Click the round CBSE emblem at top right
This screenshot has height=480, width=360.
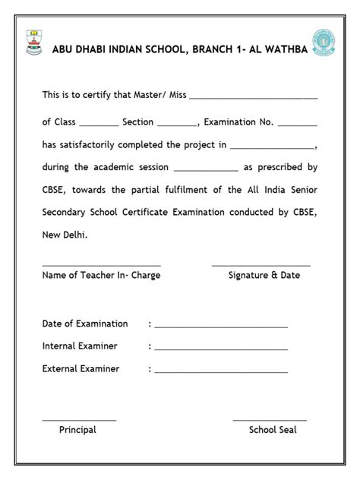pos(324,43)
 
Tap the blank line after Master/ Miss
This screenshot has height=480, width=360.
pos(253,99)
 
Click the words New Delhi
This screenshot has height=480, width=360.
pos(65,235)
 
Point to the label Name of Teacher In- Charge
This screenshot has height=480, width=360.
pos(101,275)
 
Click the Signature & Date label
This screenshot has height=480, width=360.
pos(264,275)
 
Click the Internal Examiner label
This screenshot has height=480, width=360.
pos(80,346)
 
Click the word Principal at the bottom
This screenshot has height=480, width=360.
pos(77,430)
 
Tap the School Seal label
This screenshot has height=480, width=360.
pos(273,430)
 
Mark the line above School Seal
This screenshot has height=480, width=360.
pos(270,420)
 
